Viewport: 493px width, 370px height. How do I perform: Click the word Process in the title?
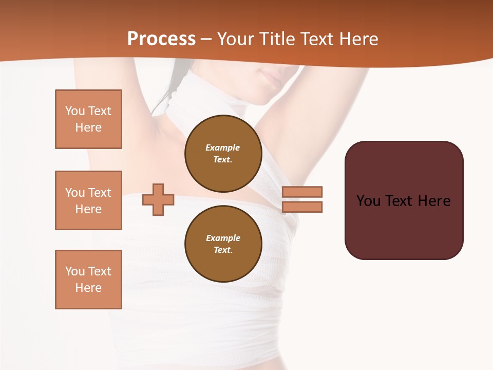[161, 39]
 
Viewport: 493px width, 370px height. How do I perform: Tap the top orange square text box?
[88, 119]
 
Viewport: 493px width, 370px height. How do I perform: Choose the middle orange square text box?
[88, 200]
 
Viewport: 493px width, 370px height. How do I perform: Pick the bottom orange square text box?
[88, 280]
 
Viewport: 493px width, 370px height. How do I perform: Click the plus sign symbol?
[158, 199]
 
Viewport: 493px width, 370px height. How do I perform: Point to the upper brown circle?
[223, 153]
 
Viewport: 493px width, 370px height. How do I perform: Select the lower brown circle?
[223, 244]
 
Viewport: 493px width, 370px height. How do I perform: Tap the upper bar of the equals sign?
[302, 192]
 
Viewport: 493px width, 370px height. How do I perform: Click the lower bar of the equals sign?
[302, 207]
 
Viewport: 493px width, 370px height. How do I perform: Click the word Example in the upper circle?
[223, 147]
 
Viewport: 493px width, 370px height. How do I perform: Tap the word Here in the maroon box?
[434, 201]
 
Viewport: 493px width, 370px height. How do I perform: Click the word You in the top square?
[75, 111]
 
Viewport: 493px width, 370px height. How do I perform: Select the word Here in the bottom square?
[88, 288]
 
